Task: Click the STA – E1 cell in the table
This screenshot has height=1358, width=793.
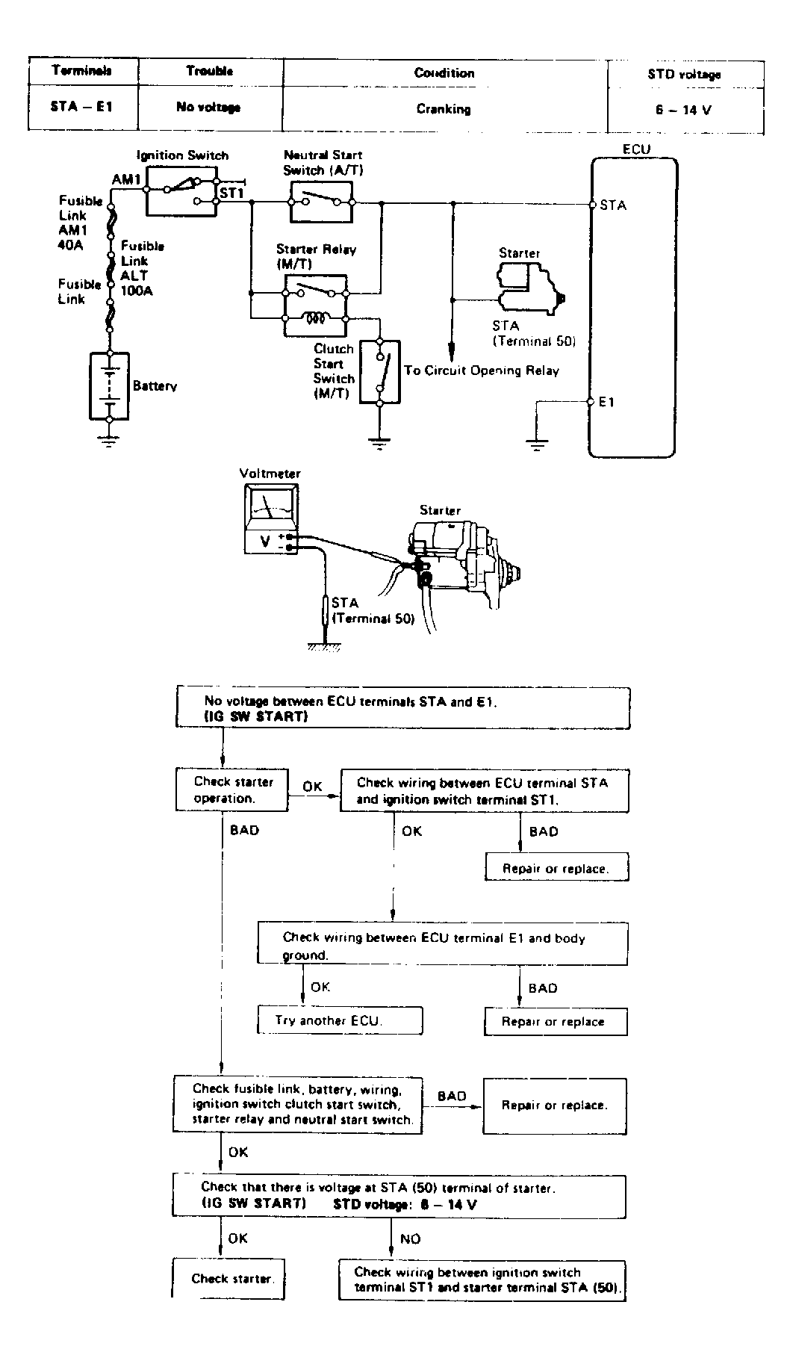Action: click(82, 107)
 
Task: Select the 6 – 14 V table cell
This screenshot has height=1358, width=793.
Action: click(684, 109)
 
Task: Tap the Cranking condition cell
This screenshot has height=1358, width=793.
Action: click(444, 108)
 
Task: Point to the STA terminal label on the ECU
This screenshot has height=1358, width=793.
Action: click(613, 205)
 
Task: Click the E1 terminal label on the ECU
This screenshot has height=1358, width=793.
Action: click(606, 403)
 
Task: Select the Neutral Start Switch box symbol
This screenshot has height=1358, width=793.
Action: click(321, 201)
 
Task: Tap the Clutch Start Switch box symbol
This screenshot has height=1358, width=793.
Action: click(380, 372)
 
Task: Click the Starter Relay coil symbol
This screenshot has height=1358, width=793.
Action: click(314, 318)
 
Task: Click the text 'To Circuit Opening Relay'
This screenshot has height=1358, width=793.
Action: click(482, 370)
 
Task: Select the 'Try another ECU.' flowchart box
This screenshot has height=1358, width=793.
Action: click(340, 1020)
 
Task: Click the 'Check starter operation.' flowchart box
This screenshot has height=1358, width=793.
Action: click(231, 790)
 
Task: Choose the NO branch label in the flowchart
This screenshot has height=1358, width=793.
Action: click(411, 1238)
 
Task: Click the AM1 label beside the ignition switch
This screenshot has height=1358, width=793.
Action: click(126, 180)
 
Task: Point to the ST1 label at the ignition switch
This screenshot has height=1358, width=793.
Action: click(231, 193)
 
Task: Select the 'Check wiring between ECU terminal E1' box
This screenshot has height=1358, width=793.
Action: click(443, 945)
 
